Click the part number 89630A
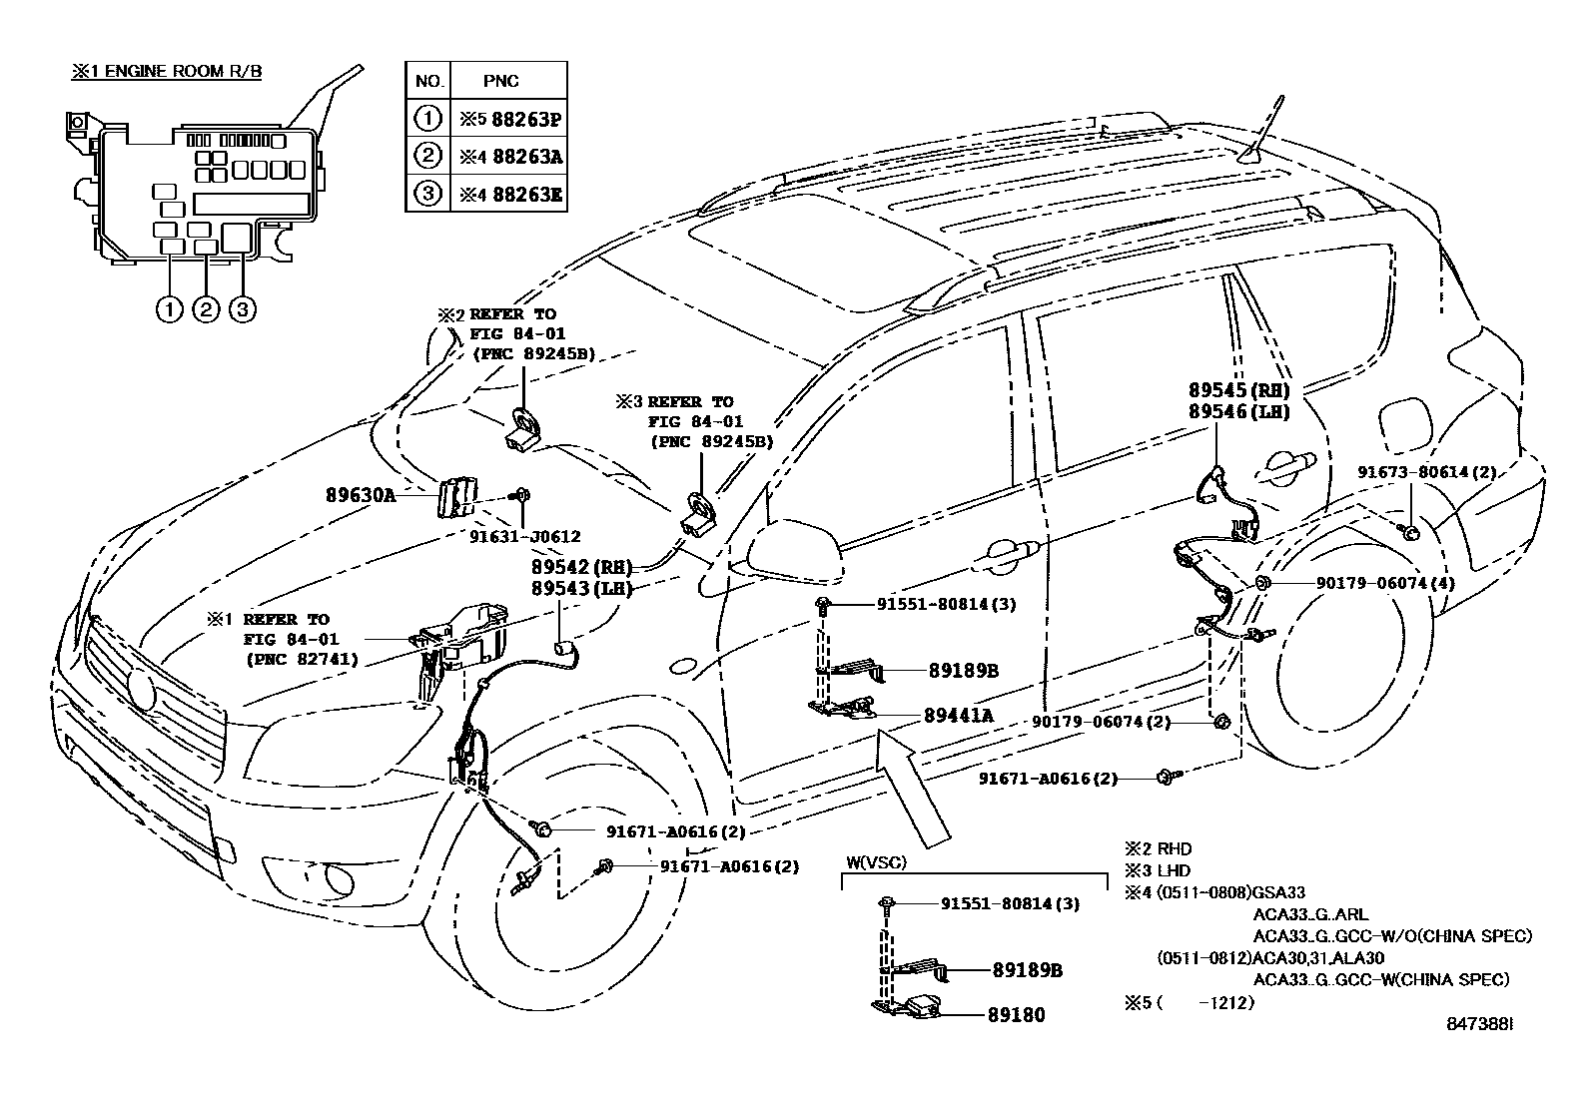tap(361, 493)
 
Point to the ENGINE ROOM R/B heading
tap(166, 73)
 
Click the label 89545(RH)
tap(1238, 390)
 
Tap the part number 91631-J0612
tap(525, 537)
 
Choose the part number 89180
tap(1016, 1015)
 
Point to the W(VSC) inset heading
tap(877, 862)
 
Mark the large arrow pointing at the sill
tap(911, 786)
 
